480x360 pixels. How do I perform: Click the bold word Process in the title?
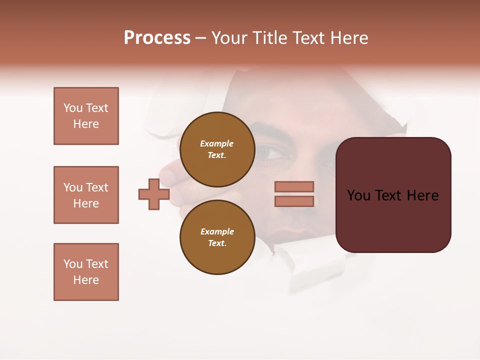tap(157, 38)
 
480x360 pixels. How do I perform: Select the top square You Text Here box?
tap(86, 116)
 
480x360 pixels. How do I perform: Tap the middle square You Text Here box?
tap(86, 195)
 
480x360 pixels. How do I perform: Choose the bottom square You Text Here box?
tap(86, 272)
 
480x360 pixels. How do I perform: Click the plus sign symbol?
tap(154, 194)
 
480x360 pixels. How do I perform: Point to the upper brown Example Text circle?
tap(217, 149)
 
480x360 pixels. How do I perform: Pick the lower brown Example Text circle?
tap(217, 237)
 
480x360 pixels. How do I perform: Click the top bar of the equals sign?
tap(294, 186)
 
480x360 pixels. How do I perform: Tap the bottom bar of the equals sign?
tap(294, 201)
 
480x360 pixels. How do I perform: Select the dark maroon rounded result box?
tap(393, 194)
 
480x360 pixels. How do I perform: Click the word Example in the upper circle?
tap(217, 143)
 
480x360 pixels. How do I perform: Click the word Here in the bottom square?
tap(86, 280)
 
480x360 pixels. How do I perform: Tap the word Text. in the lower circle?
tap(217, 243)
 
